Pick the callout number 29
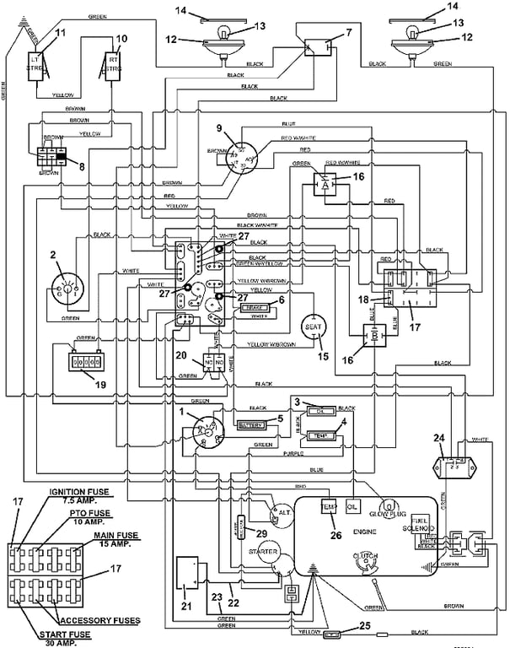coord(261,534)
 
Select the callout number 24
coord(438,437)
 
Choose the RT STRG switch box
coord(112,62)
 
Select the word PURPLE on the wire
coord(293,453)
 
